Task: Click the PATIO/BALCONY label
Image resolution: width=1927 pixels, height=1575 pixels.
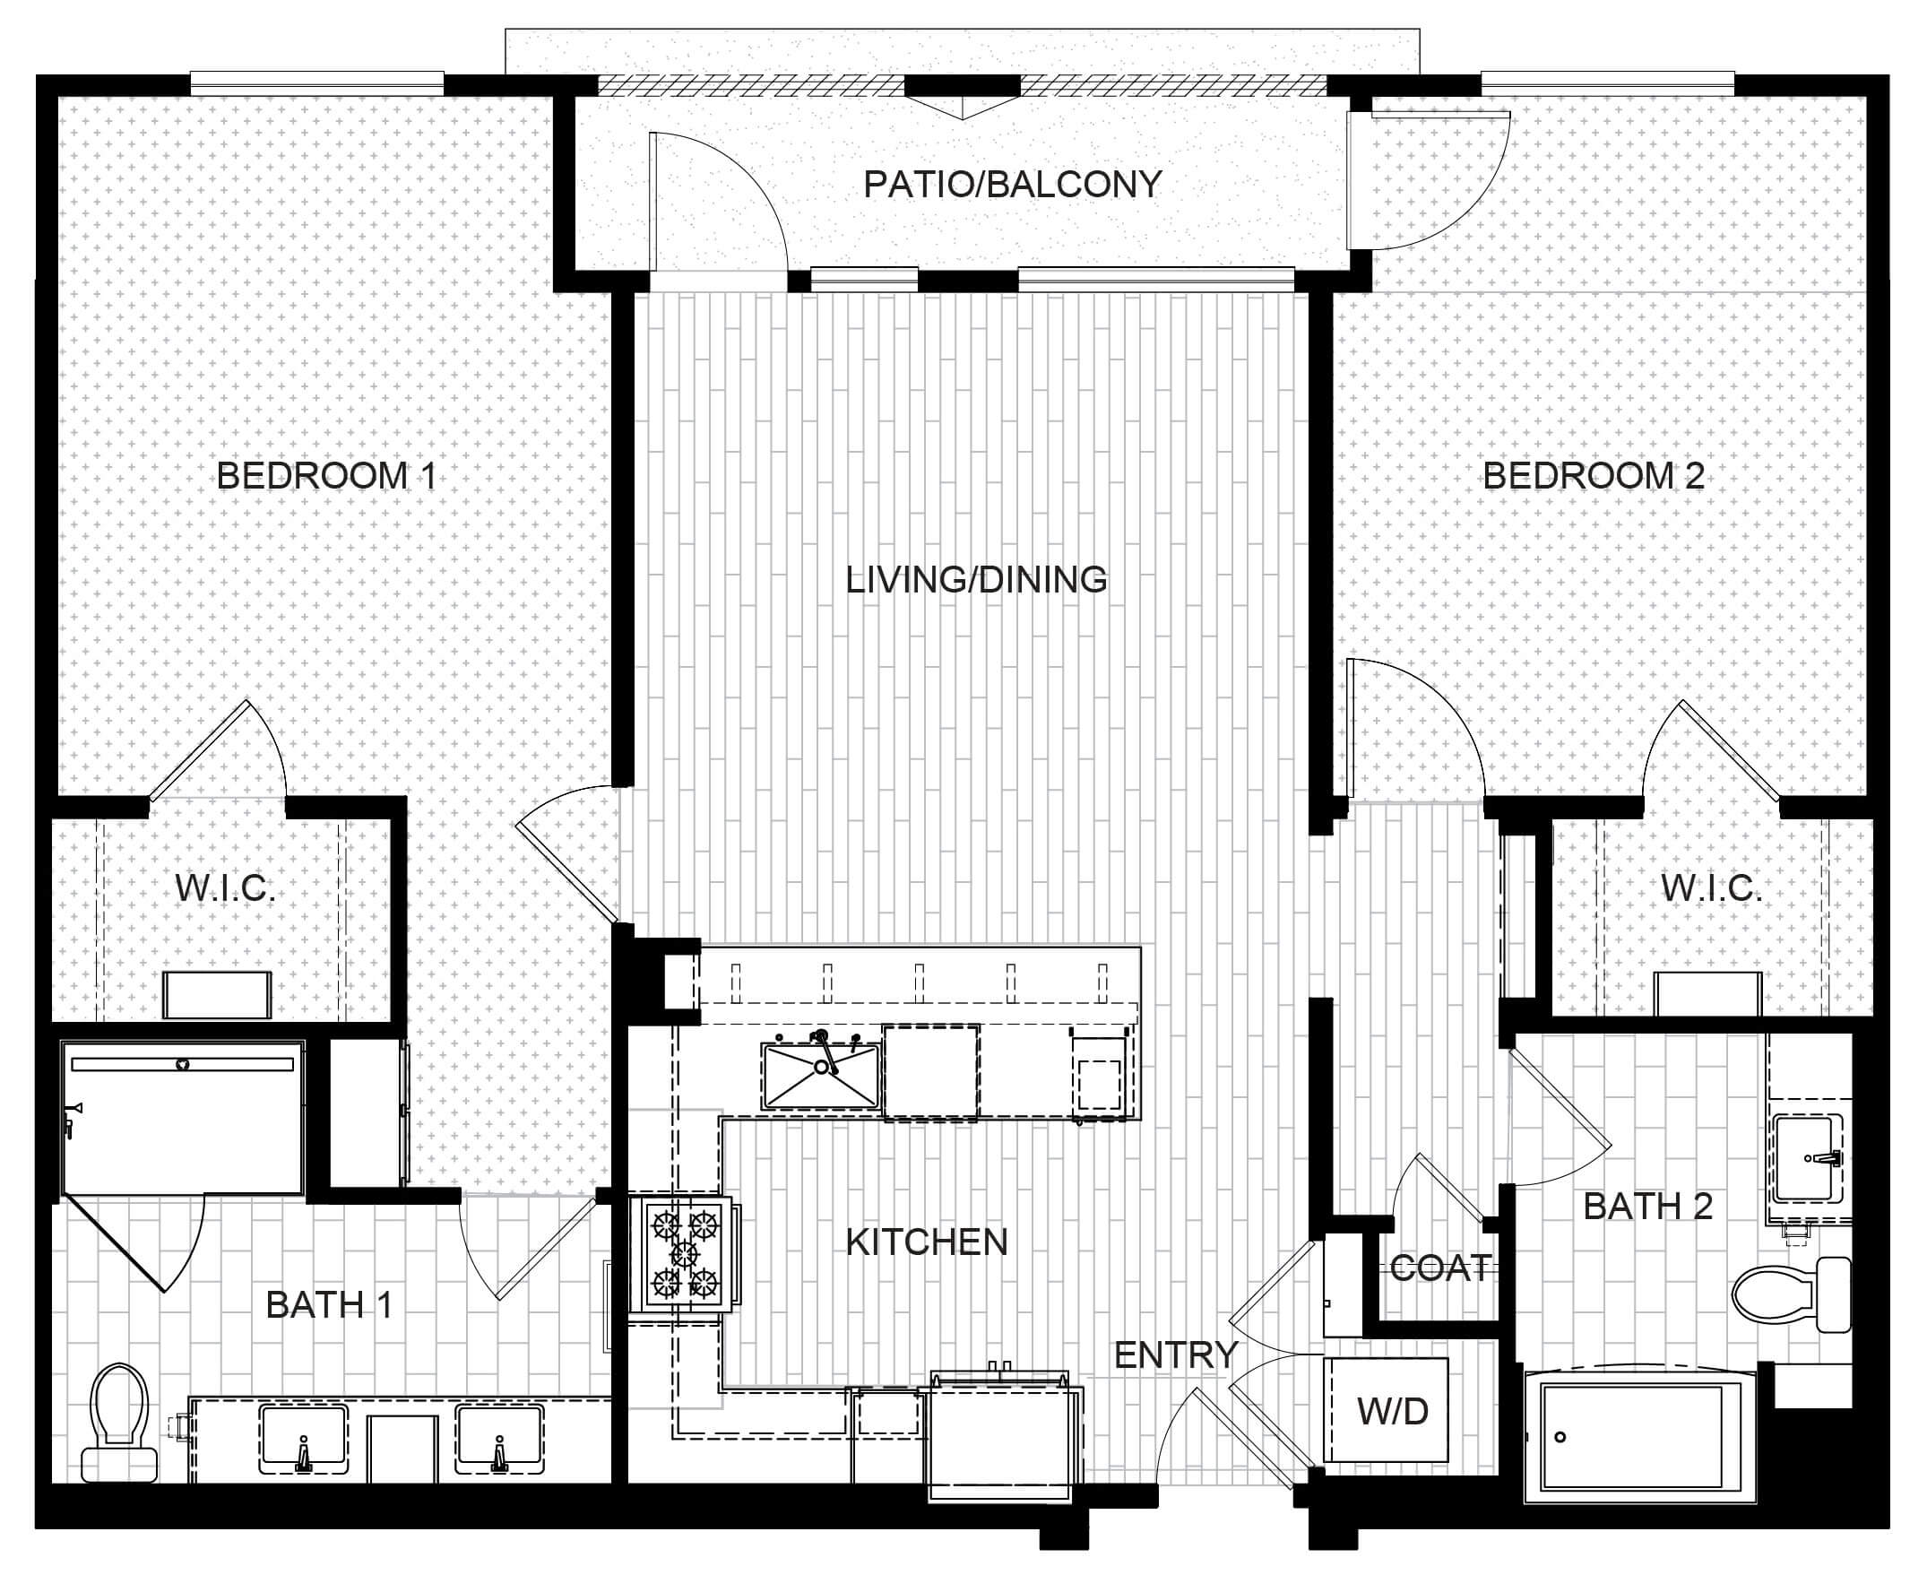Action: point(1012,184)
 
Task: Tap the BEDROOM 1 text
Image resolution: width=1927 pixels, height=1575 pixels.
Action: point(326,475)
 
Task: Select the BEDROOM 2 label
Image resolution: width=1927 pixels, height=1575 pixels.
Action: point(1593,475)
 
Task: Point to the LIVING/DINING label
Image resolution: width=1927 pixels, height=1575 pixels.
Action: point(976,580)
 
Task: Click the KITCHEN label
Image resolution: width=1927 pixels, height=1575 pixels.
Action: point(926,1242)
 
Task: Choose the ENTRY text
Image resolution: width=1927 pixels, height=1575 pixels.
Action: point(1176,1354)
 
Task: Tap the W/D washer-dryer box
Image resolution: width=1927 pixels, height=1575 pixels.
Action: point(1386,1409)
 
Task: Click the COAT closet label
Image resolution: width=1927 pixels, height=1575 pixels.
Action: point(1439,1268)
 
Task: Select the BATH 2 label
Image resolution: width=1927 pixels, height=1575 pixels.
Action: point(1647,1206)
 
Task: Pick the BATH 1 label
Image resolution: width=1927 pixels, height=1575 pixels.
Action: point(328,1304)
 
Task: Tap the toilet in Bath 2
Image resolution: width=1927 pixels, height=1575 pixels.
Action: point(1790,1294)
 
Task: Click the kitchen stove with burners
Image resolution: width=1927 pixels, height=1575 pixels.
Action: point(685,1253)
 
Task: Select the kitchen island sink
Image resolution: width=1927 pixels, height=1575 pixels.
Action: point(821,1074)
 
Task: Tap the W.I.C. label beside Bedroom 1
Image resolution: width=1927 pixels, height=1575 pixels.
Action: point(225,889)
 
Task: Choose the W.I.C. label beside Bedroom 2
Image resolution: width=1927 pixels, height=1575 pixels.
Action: point(1711,889)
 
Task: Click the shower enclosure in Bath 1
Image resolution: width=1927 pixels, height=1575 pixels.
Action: point(182,1118)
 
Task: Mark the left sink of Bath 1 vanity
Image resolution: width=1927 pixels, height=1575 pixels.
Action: point(303,1439)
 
